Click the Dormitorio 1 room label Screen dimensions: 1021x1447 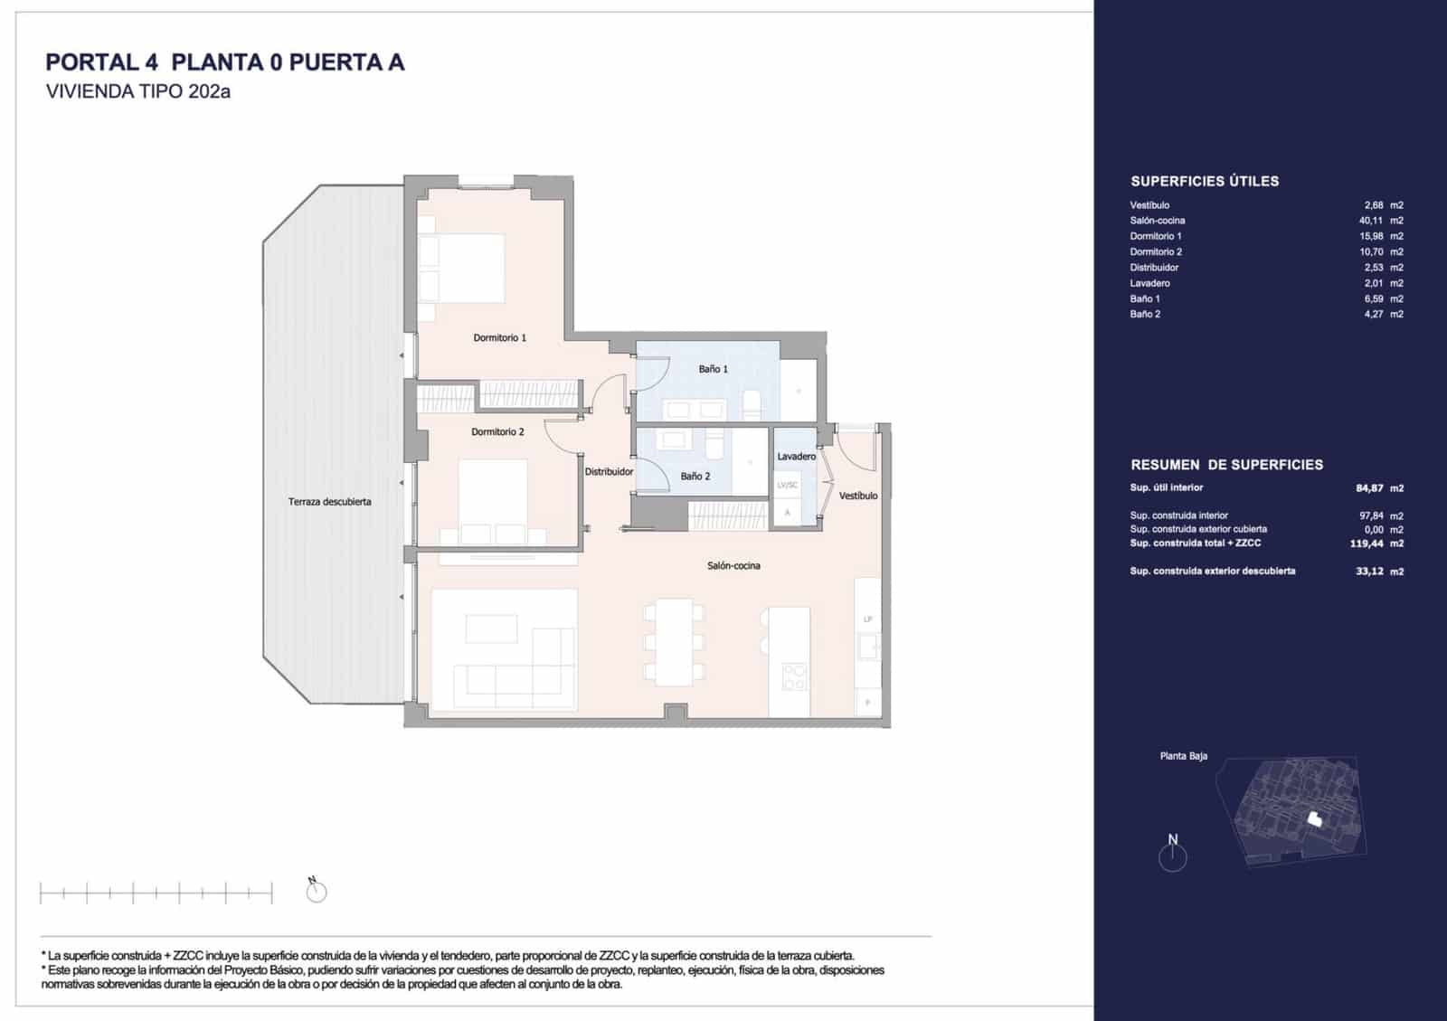[x=499, y=337]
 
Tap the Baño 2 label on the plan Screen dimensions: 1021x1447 [x=695, y=476]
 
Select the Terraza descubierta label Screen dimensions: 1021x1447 [x=329, y=502]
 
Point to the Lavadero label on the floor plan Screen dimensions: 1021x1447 [x=796, y=457]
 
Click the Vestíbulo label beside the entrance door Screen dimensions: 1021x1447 [x=857, y=496]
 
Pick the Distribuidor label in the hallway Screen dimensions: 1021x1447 [x=609, y=471]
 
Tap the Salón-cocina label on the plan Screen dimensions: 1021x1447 [x=733, y=566]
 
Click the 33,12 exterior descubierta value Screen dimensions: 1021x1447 [x=1369, y=572]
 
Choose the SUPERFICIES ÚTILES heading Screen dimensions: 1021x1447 [x=1204, y=181]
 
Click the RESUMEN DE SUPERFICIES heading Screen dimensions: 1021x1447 [x=1226, y=465]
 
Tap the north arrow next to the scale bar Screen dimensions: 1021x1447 [x=317, y=892]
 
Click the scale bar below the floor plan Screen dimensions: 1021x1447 [x=156, y=894]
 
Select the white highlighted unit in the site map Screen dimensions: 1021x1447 [x=1315, y=819]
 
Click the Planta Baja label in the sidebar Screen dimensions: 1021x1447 [x=1183, y=756]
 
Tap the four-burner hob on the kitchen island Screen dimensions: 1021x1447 [x=794, y=676]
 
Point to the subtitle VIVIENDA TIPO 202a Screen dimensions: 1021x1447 [x=137, y=91]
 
